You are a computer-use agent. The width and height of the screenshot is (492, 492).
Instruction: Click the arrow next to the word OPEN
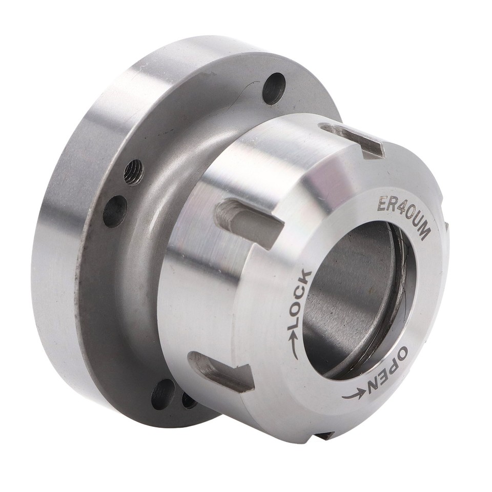click(x=354, y=395)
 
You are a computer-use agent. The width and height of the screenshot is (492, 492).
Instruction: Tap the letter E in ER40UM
click(x=382, y=204)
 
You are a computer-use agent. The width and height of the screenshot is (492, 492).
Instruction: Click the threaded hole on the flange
click(x=134, y=172)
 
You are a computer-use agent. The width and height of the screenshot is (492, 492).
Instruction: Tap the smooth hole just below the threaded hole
click(x=115, y=211)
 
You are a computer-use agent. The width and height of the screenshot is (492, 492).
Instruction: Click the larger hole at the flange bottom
click(x=162, y=394)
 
